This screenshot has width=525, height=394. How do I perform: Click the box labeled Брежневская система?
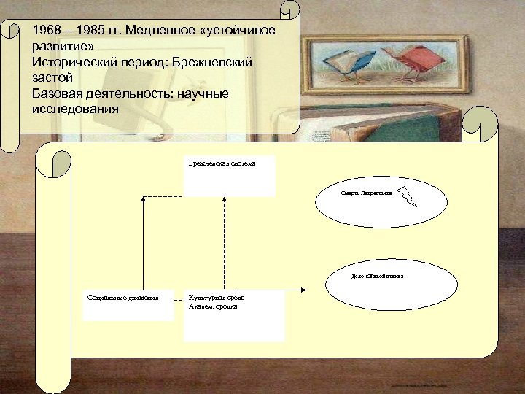(229, 176)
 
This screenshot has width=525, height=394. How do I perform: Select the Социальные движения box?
(128, 306)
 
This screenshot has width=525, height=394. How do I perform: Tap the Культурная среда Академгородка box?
(234, 317)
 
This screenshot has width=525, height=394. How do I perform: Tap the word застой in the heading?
(52, 78)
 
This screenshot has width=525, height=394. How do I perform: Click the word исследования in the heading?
(75, 109)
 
